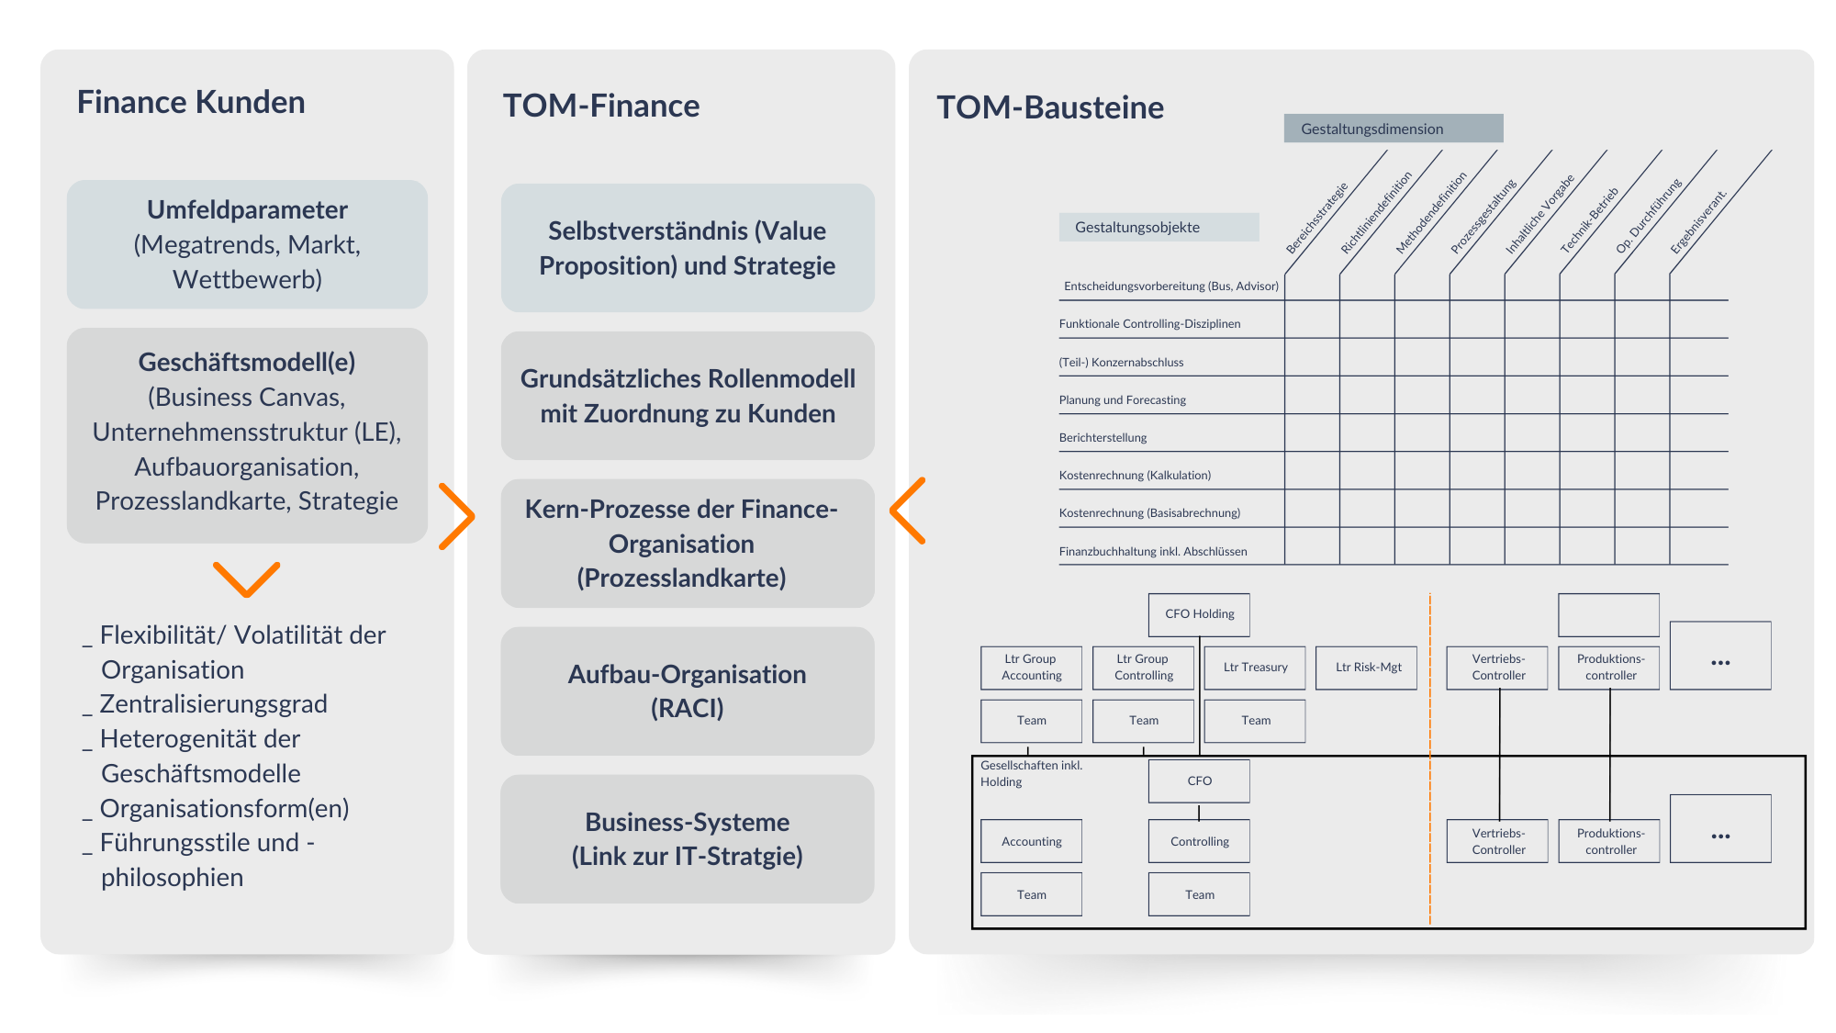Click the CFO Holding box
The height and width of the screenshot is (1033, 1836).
pyautogui.click(x=1199, y=614)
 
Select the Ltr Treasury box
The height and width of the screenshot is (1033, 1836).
pyautogui.click(x=1255, y=668)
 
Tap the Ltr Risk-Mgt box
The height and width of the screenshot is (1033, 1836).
pyautogui.click(x=1367, y=668)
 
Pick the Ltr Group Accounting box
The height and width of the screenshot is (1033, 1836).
pyautogui.click(x=1031, y=668)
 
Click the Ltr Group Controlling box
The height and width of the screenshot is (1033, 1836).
pyautogui.click(x=1144, y=668)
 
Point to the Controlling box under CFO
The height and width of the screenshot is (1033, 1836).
pyautogui.click(x=1199, y=841)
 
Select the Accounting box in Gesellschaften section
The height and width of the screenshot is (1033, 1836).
pyautogui.click(x=1031, y=841)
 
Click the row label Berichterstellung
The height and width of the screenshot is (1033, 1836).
pyautogui.click(x=1103, y=438)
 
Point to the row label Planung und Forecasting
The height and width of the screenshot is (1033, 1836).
pyautogui.click(x=1122, y=400)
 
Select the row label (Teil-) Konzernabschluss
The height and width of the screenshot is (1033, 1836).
pyautogui.click(x=1121, y=363)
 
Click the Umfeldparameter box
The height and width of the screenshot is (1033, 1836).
pyautogui.click(x=247, y=244)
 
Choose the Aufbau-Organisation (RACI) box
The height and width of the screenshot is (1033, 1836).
pyautogui.click(x=688, y=691)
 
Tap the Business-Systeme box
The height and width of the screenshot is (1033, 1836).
pyautogui.click(x=688, y=839)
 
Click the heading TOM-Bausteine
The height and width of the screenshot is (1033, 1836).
pyautogui.click(x=1050, y=107)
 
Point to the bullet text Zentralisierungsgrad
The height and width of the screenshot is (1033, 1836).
pyautogui.click(x=213, y=704)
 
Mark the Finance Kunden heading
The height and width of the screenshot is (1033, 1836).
pyautogui.click(x=191, y=102)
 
